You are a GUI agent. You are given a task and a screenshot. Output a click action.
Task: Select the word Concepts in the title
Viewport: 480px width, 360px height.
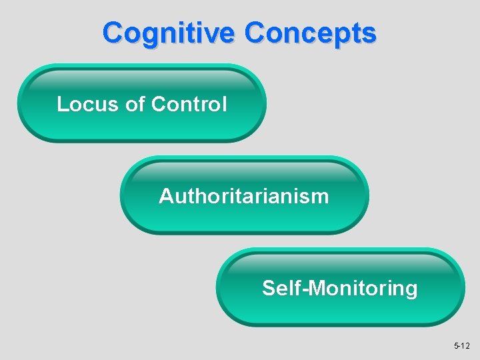(x=311, y=32)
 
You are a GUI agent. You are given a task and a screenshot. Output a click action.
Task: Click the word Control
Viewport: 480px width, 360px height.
(x=189, y=105)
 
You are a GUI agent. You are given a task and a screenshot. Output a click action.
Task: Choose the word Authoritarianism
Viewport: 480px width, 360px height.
(x=244, y=197)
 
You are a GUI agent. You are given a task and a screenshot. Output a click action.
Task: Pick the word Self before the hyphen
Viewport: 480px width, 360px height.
(x=279, y=289)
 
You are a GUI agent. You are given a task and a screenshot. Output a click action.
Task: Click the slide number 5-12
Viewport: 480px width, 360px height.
(x=462, y=346)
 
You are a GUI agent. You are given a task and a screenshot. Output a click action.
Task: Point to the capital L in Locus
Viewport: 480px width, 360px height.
(x=62, y=105)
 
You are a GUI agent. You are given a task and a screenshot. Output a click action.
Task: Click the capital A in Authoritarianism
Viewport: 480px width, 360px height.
(x=166, y=197)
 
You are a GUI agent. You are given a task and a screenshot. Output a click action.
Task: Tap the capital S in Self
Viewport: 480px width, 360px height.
(x=269, y=289)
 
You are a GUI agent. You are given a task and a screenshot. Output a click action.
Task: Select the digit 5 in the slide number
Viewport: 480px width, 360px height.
(x=456, y=346)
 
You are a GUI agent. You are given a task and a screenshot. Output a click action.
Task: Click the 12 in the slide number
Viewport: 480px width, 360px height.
(x=465, y=346)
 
